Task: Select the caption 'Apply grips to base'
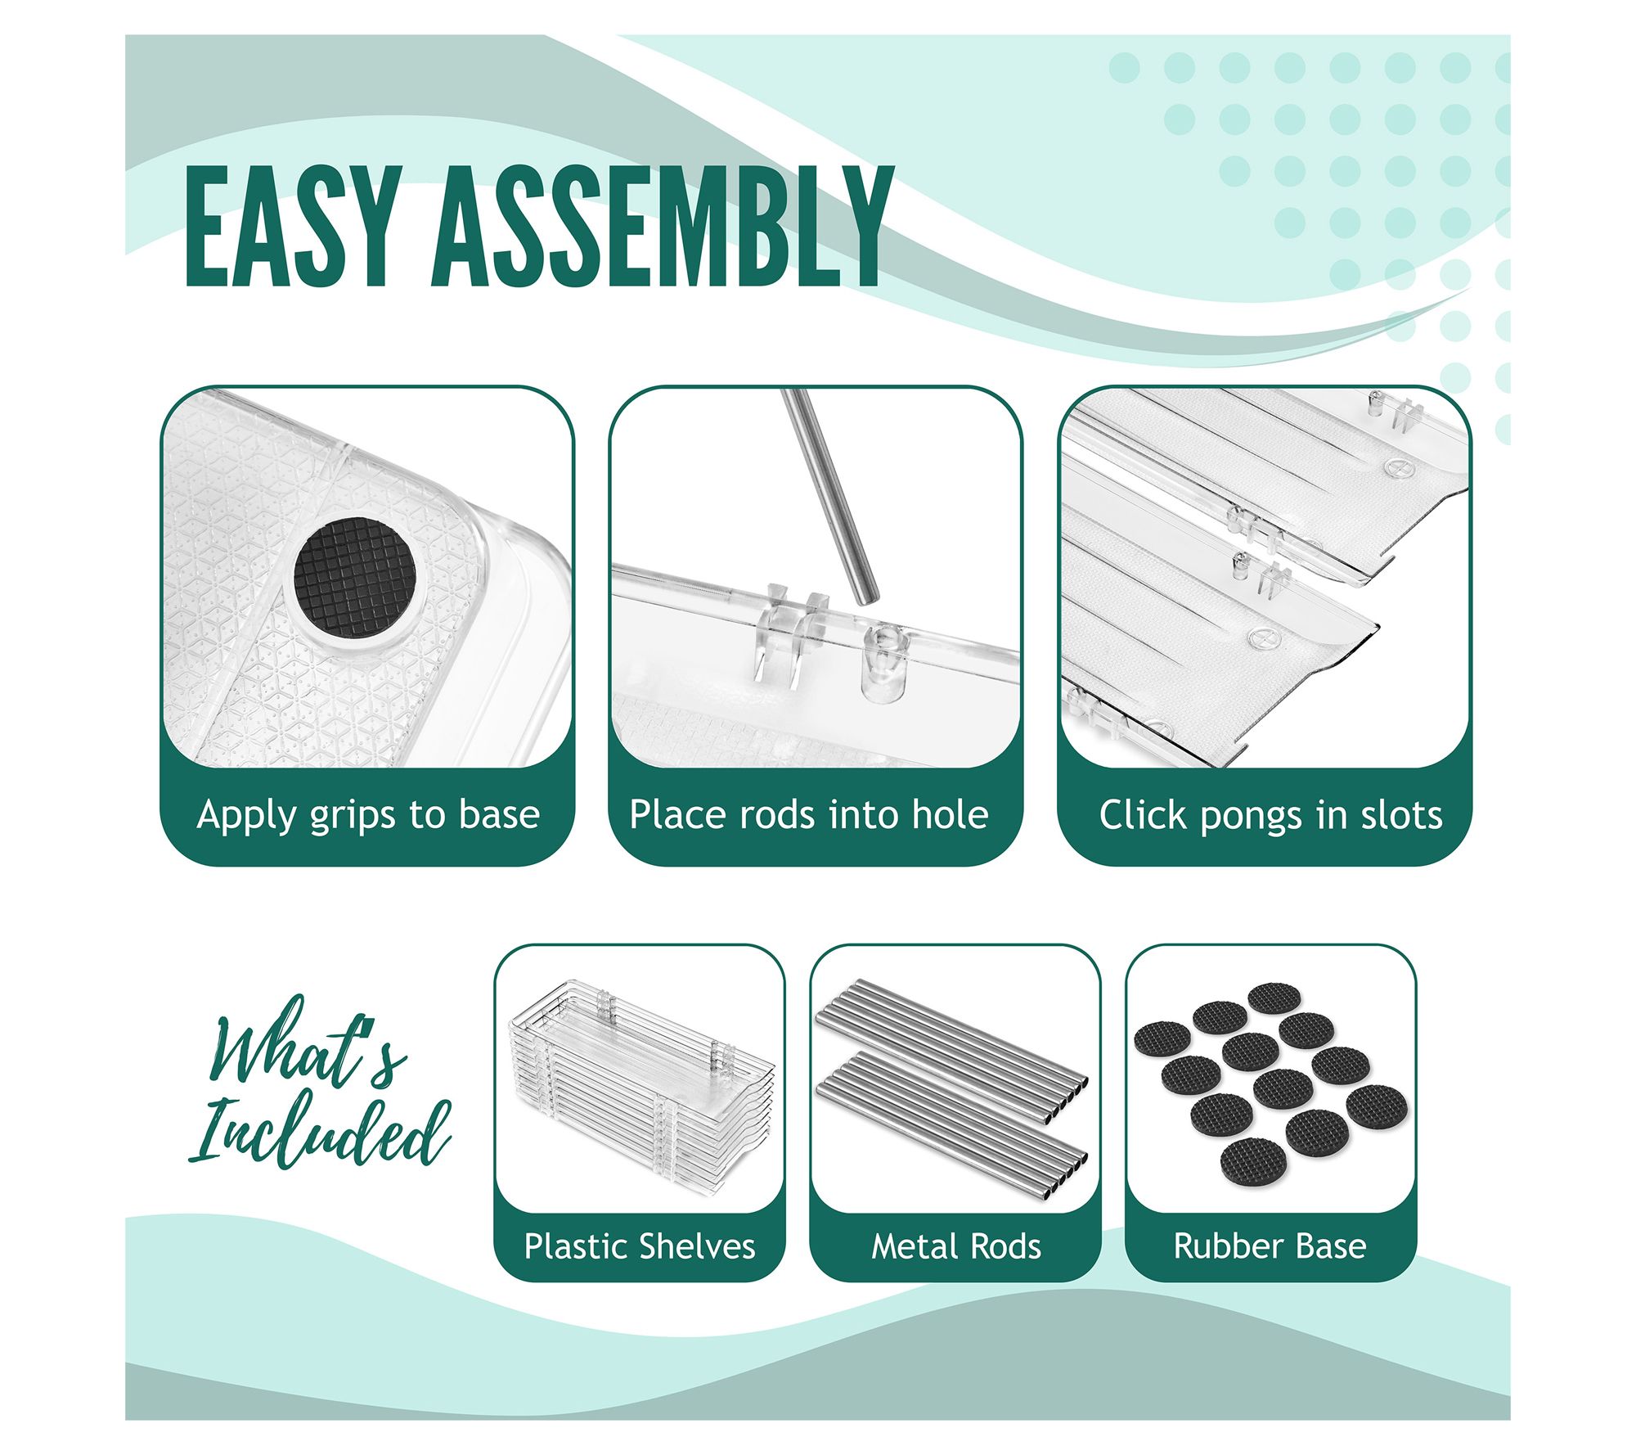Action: tap(368, 815)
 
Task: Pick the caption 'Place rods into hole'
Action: tap(809, 815)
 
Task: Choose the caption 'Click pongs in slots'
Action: tap(1270, 815)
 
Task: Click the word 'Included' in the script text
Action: tap(321, 1133)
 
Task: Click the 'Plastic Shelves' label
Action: tap(640, 1246)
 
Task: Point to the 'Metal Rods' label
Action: tap(956, 1246)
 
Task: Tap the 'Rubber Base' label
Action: tap(1270, 1246)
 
